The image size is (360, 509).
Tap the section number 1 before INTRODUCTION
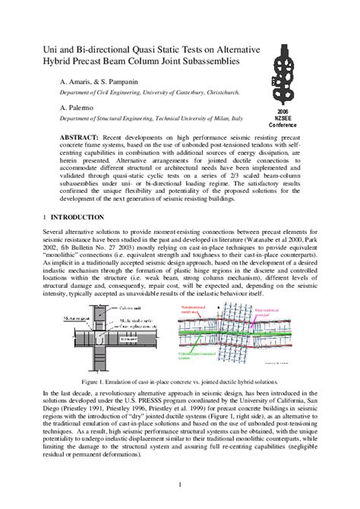point(45,217)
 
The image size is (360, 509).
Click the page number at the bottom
point(179,484)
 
